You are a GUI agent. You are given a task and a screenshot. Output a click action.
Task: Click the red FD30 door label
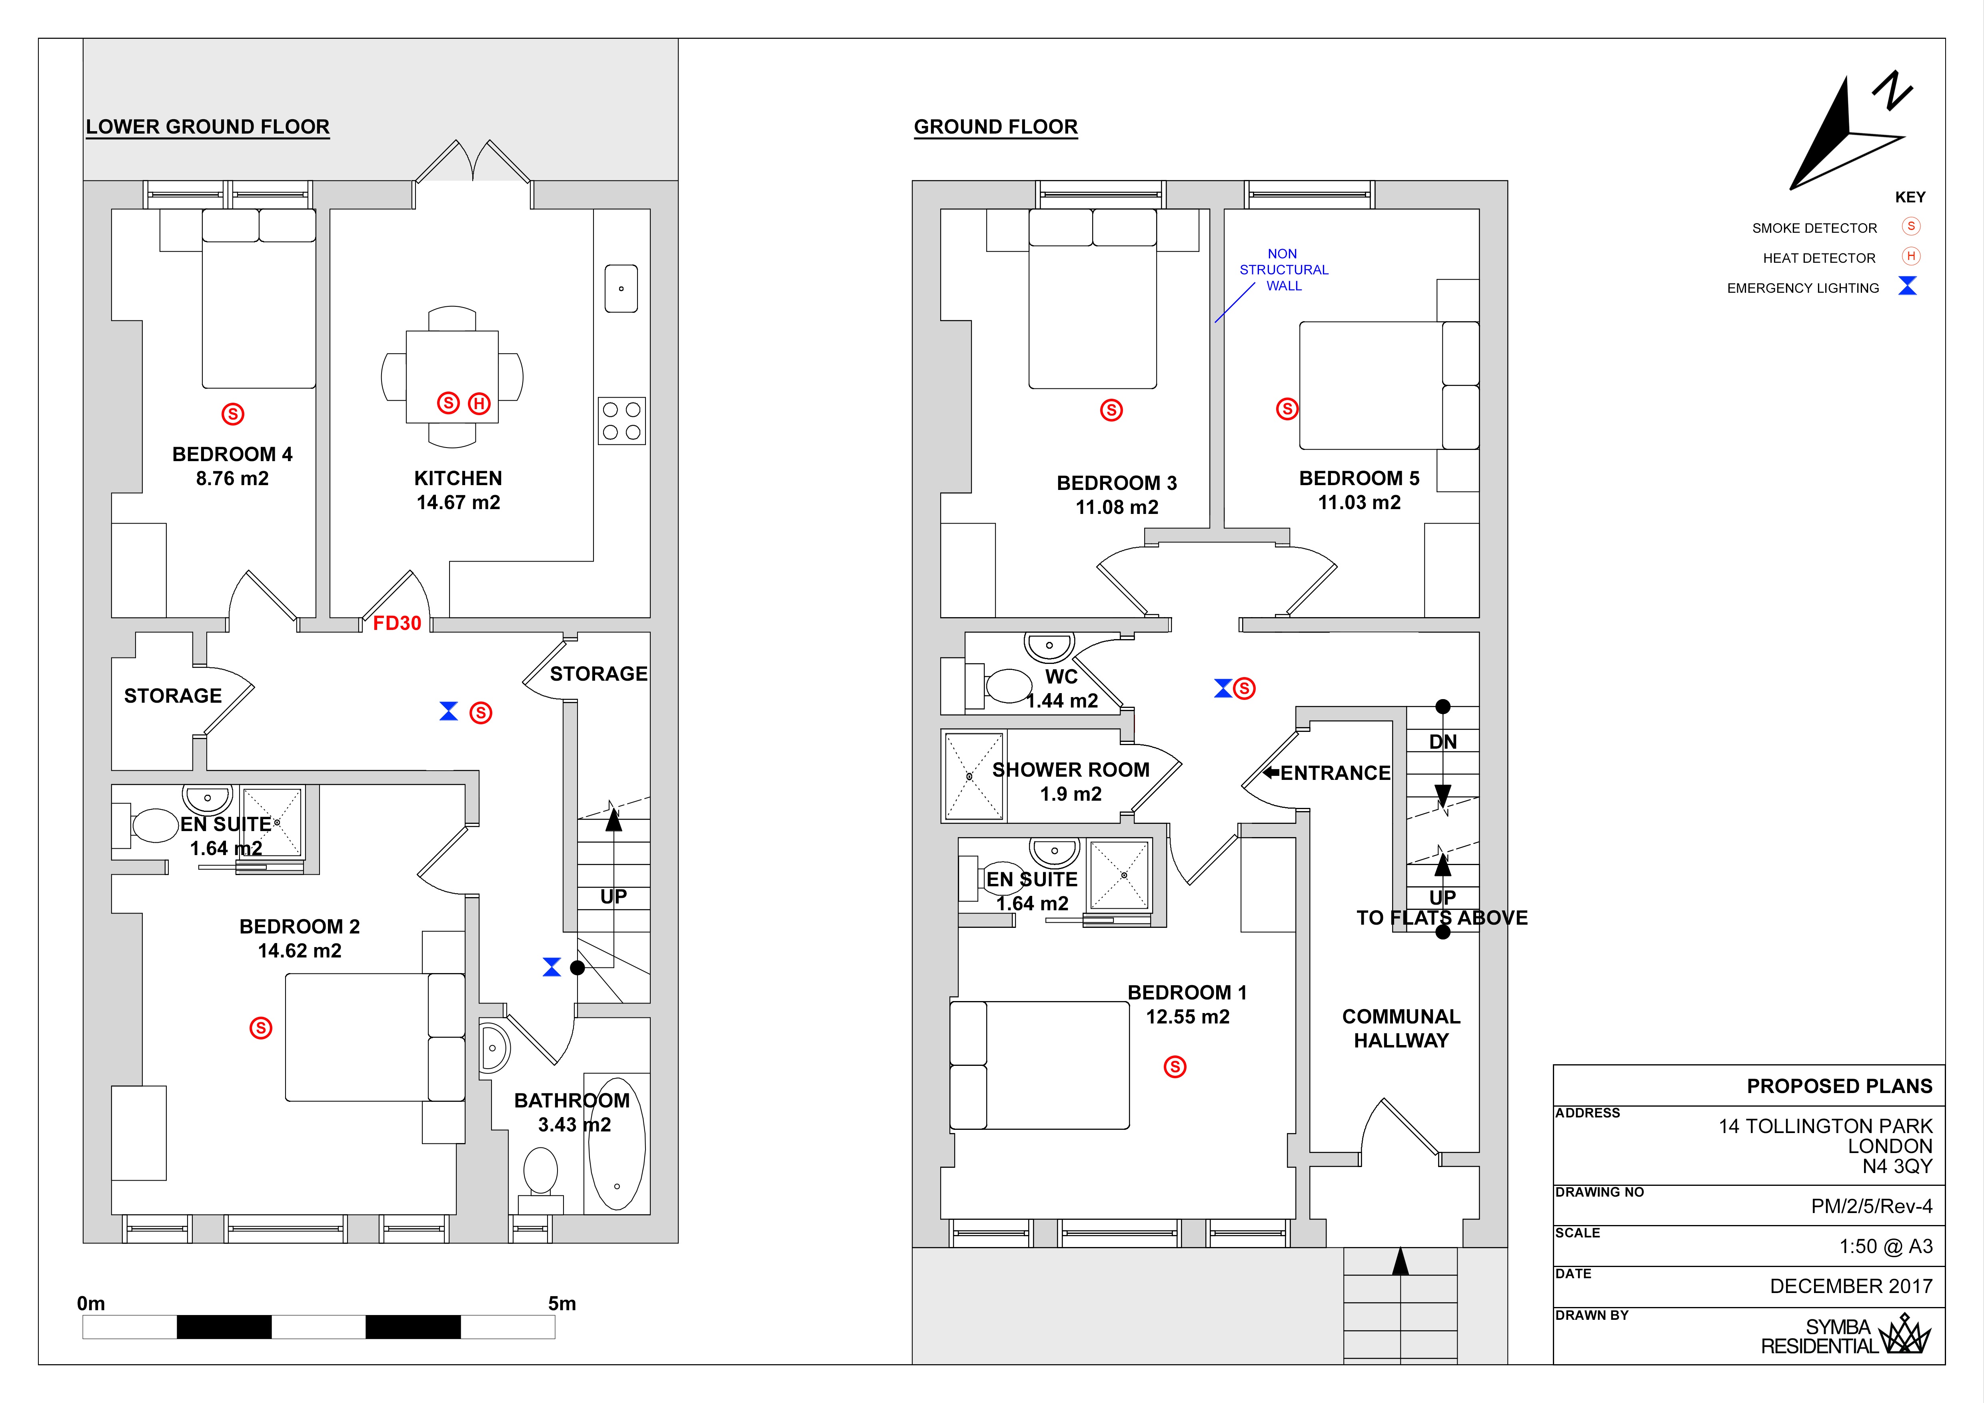tap(397, 623)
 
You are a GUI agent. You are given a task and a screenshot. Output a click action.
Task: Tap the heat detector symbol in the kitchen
tap(479, 404)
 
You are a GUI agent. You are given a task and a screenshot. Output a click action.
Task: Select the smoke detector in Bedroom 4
tap(232, 414)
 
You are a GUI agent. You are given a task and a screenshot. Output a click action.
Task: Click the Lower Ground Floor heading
tap(208, 127)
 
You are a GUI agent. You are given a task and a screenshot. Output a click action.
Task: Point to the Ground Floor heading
tap(995, 127)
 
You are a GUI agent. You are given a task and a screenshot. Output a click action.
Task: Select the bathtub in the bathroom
tap(616, 1143)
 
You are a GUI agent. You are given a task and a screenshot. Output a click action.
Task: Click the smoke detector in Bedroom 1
tap(1174, 1067)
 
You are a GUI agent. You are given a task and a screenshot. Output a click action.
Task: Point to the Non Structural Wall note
tap(1283, 270)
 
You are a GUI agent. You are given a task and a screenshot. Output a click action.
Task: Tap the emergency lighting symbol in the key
tap(1907, 286)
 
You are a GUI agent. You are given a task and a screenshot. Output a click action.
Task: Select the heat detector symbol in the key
tap(1910, 256)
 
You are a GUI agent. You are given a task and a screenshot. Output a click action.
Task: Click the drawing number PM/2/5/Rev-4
tap(1871, 1206)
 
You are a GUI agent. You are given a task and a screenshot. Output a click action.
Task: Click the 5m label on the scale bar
tap(561, 1303)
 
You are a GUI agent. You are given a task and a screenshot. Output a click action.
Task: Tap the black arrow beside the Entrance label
tap(1270, 772)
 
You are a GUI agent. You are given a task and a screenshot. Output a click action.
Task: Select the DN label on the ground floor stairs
tap(1442, 741)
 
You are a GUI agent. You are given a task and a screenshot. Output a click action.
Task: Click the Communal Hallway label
tap(1401, 1028)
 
